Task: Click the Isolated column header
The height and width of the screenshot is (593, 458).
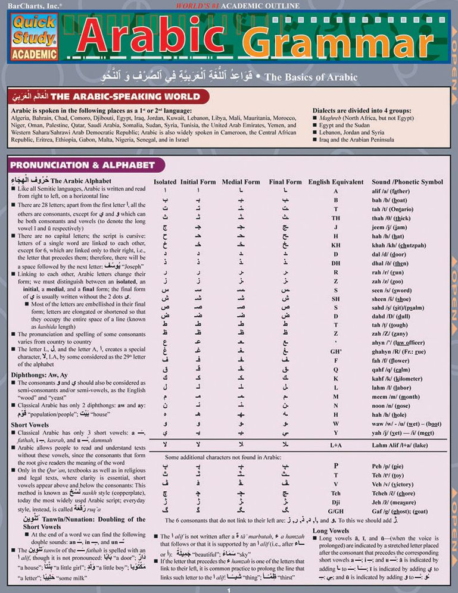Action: coord(165,182)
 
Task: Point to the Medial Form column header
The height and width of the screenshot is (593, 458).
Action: coord(241,182)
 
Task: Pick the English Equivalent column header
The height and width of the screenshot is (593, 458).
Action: coord(336,182)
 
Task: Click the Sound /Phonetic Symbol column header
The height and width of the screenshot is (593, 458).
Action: coord(407,182)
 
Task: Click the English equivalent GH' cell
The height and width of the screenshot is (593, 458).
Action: coord(337,351)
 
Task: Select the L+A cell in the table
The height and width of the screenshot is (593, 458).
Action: coord(336,444)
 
